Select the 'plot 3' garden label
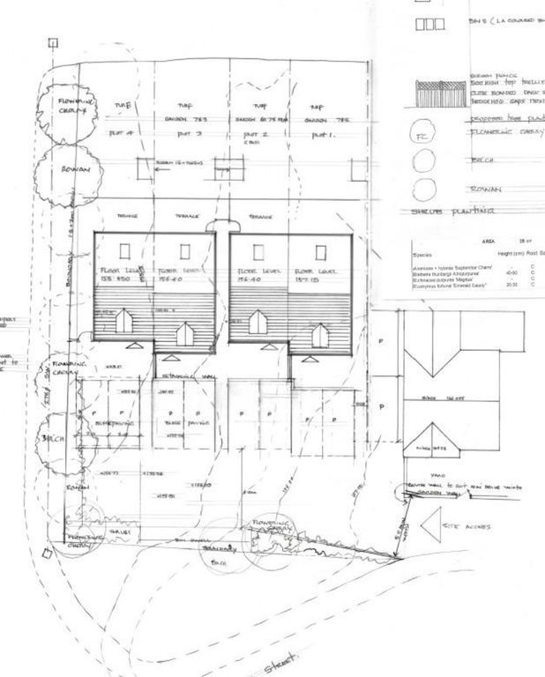pyautogui.click(x=186, y=134)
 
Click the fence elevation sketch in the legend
pyautogui.click(x=440, y=91)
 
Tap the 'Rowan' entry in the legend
pyautogui.click(x=484, y=188)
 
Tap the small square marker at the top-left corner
pyautogui.click(x=53, y=41)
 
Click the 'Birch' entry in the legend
pyautogui.click(x=481, y=161)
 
